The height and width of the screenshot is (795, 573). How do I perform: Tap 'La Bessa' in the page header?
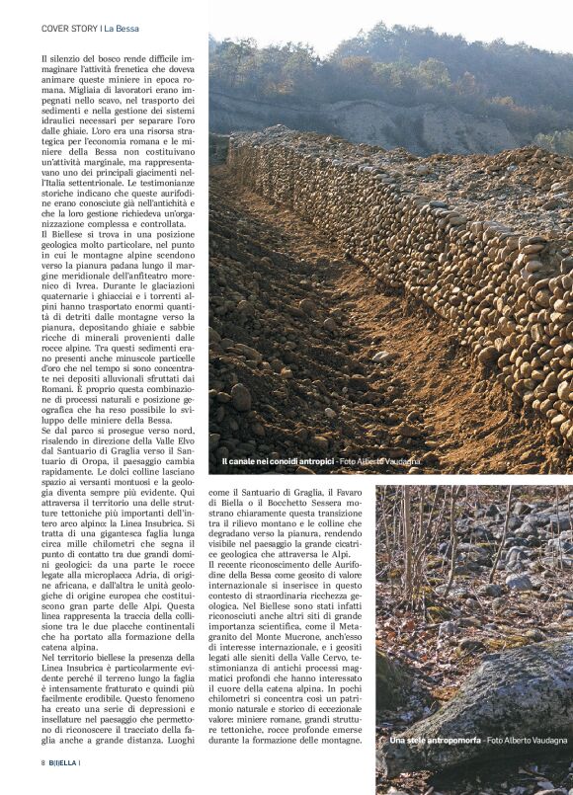[120, 28]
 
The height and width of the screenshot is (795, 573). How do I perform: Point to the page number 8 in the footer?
[43, 762]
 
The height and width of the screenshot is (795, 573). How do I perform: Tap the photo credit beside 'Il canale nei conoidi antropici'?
[386, 460]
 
